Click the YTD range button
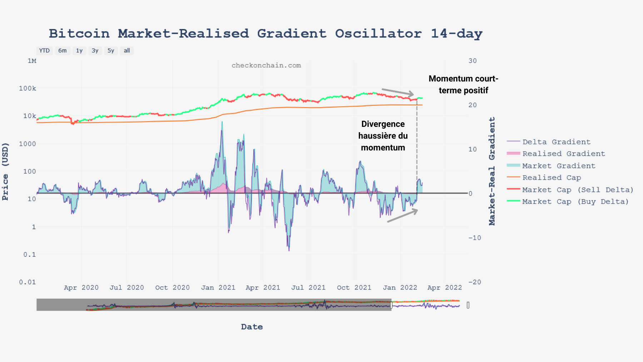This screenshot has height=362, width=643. coord(44,51)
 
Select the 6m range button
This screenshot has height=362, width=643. coord(63,51)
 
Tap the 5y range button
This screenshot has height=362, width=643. coord(111,51)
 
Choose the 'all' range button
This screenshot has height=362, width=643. coord(127,51)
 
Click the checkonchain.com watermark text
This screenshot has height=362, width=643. coord(266,65)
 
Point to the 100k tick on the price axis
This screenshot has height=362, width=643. coord(28,88)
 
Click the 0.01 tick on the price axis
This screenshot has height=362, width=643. coord(28,282)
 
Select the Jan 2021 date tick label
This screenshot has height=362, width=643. coord(218,288)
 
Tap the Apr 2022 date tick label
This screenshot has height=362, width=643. coord(444,288)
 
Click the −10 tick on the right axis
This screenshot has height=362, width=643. coord(474,238)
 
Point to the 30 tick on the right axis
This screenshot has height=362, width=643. coord(473,61)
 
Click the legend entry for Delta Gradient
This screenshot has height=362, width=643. coord(556,142)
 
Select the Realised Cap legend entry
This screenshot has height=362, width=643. coord(552,178)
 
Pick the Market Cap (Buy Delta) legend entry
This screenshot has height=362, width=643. coord(575,202)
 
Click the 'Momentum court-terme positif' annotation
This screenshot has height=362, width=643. coord(463,85)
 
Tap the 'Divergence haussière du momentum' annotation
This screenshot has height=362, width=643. coord(383,136)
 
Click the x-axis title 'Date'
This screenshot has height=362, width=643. coord(252,327)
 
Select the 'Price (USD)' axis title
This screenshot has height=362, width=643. coord(5,172)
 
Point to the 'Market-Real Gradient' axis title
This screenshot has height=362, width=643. coord(492,171)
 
